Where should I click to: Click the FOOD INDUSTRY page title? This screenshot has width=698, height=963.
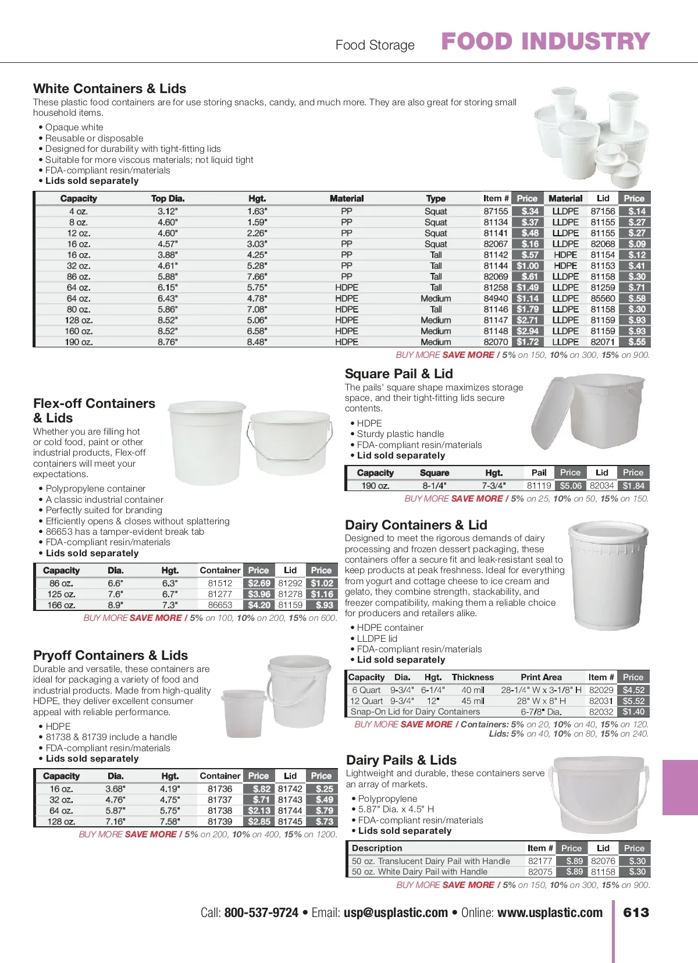click(545, 41)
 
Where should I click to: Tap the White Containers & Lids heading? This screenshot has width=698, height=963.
click(109, 88)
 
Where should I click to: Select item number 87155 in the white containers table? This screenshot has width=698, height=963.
click(496, 211)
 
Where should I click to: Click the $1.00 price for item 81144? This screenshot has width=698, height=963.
click(528, 266)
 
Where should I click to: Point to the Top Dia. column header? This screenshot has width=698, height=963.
click(168, 198)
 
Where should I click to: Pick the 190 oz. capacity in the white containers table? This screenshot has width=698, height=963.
click(79, 342)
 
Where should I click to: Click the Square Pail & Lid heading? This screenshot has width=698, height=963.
click(398, 374)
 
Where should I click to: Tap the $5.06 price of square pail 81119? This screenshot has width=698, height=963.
click(570, 486)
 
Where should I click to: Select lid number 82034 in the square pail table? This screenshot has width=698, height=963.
click(601, 486)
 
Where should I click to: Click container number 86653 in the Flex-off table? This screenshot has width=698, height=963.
click(220, 605)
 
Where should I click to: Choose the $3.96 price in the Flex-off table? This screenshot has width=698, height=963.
click(259, 594)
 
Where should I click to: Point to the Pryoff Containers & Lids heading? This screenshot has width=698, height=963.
click(111, 655)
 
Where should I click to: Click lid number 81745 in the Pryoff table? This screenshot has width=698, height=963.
click(290, 822)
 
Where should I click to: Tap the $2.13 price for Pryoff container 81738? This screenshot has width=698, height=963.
click(259, 811)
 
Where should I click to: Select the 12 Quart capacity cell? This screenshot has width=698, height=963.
click(366, 701)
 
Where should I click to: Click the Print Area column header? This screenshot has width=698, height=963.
click(541, 677)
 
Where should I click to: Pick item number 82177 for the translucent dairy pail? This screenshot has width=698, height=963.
click(540, 861)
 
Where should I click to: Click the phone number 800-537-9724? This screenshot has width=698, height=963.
click(261, 912)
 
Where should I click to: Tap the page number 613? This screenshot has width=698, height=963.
click(636, 912)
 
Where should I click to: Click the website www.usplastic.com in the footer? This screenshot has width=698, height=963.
click(550, 912)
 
